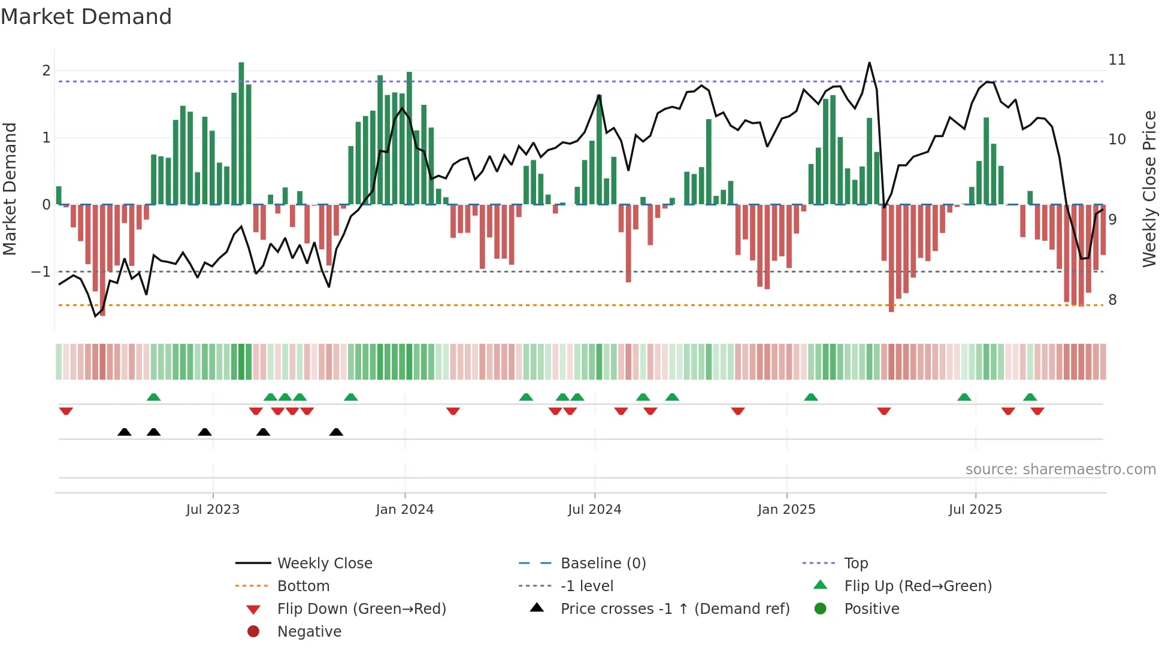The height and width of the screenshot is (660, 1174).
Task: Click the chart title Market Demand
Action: point(86,17)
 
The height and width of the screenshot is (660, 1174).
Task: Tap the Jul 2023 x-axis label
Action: point(213,510)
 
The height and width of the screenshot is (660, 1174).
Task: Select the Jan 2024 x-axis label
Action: point(404,510)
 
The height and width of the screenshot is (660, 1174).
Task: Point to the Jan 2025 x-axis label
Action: point(786,510)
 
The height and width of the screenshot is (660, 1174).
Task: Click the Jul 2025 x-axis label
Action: point(975,510)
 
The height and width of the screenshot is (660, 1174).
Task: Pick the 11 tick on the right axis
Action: point(1116,60)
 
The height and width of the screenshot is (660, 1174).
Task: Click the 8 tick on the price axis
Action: point(1112,300)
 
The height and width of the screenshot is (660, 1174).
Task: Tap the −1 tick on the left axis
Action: point(41,272)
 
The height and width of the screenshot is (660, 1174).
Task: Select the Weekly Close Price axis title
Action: point(1149,189)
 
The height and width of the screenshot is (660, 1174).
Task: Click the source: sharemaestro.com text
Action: point(1060,470)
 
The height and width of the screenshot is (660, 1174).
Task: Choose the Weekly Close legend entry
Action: point(324,564)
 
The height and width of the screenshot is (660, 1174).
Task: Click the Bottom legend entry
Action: point(303,586)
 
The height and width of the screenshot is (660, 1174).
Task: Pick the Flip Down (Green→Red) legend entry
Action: point(361,609)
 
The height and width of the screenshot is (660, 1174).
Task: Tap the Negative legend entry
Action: point(309,632)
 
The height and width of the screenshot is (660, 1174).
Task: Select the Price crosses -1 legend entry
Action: point(674,609)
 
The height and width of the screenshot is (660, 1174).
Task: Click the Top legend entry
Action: point(855,564)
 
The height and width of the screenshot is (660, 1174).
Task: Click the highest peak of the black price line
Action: point(869,63)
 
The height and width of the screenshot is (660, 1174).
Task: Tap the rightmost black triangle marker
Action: point(336,432)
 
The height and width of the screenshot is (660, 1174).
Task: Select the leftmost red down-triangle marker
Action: point(66,411)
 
